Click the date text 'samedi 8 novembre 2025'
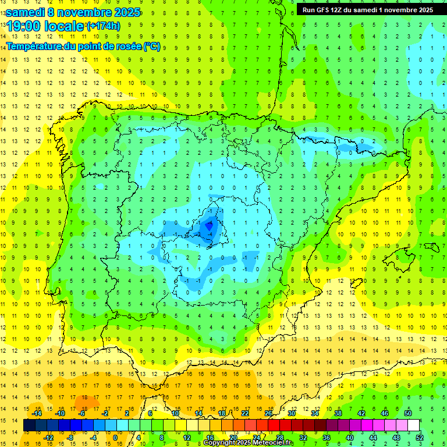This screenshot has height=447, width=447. (73, 12)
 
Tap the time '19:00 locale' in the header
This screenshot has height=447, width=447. (45, 26)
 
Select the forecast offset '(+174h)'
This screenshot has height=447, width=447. (103, 26)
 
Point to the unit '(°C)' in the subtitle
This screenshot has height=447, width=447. (152, 47)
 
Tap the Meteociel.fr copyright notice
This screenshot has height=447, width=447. (249, 443)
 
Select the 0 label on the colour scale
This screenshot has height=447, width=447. (115, 438)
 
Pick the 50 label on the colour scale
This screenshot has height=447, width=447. (408, 413)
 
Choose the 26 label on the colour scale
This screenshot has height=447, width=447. (268, 413)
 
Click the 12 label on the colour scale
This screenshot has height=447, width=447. (187, 438)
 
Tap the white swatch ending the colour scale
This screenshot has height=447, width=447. (414, 425)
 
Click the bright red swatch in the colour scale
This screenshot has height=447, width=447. (274, 425)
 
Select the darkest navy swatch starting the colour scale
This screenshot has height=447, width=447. (30, 425)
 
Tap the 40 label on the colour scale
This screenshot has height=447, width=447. (350, 438)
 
